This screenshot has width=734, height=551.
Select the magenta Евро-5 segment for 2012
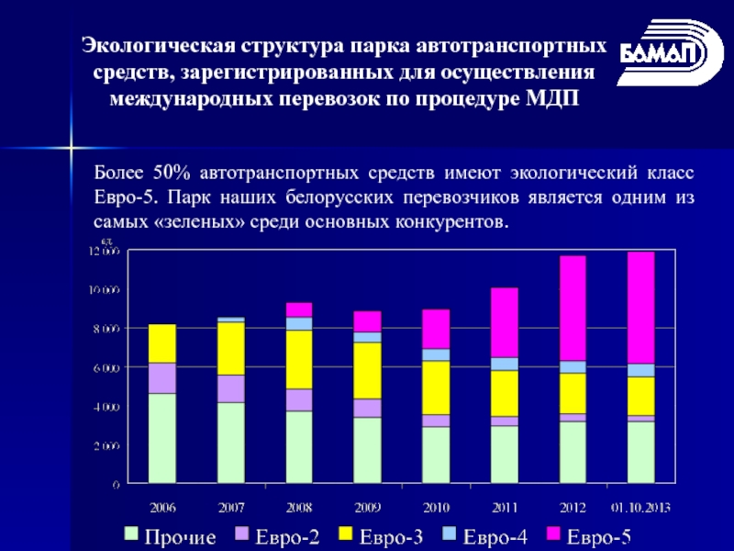573,308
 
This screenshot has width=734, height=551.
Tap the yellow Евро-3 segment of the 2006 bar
162,343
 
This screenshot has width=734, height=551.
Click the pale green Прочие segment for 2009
368,450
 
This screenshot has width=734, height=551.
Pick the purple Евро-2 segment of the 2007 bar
231,388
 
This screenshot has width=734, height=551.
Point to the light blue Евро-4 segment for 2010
436,354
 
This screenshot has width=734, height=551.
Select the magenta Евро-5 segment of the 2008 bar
299,309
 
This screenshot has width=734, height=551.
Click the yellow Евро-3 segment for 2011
504,393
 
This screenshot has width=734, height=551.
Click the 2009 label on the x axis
368,505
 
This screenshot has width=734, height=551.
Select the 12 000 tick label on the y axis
104,251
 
